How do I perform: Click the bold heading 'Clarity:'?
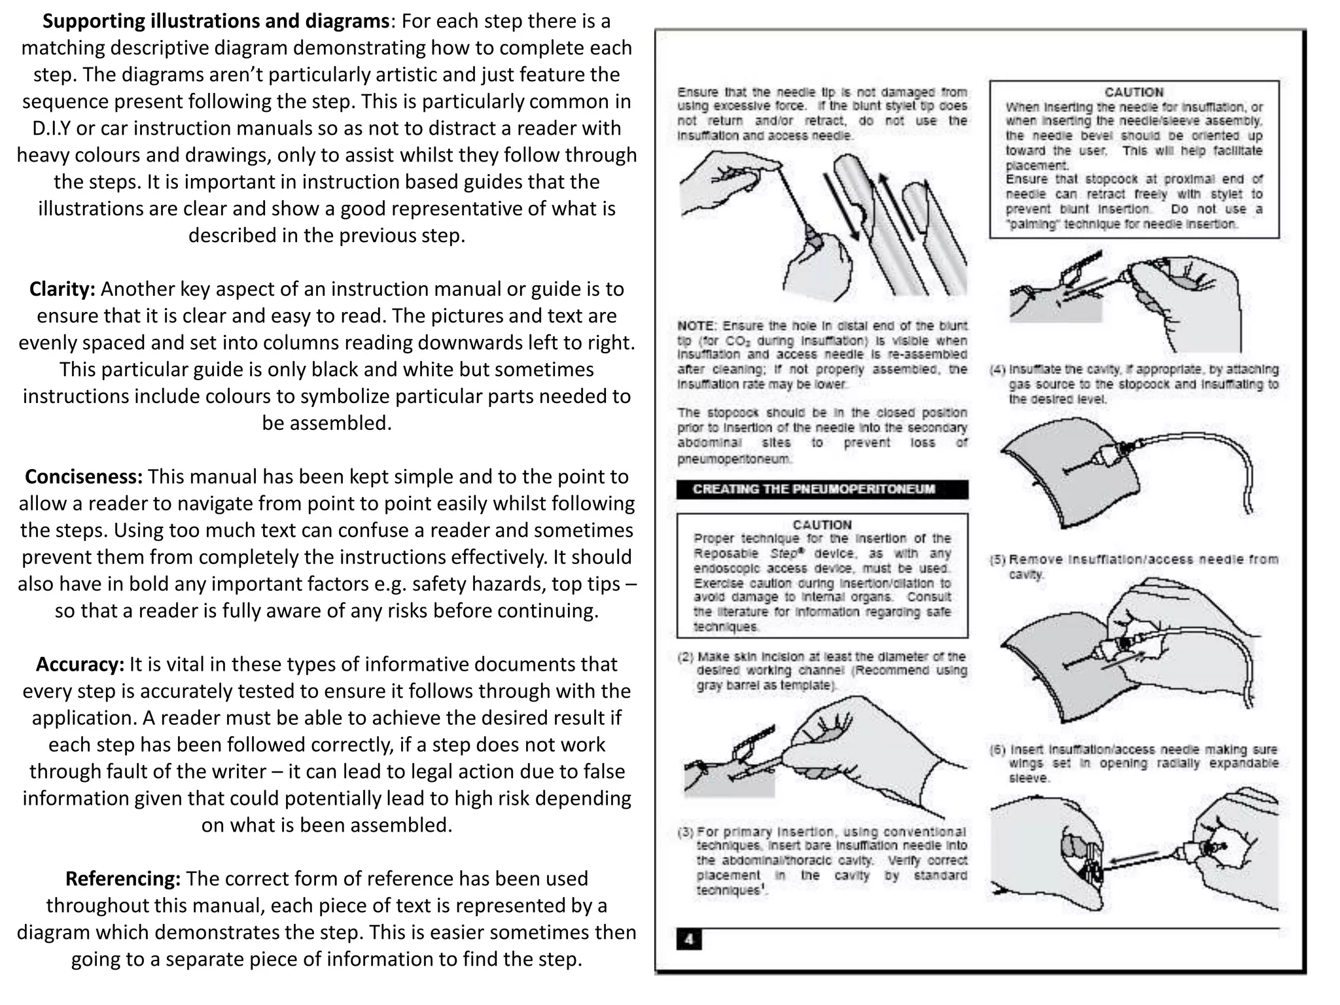pos(63,289)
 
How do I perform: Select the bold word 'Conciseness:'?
pos(84,477)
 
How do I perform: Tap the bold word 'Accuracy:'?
pos(80,665)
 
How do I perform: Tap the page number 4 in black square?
pos(689,940)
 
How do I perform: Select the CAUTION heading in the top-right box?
pos(1134,92)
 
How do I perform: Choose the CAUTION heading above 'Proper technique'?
pos(822,525)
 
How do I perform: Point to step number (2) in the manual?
pos(686,656)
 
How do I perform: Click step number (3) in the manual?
pos(686,832)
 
